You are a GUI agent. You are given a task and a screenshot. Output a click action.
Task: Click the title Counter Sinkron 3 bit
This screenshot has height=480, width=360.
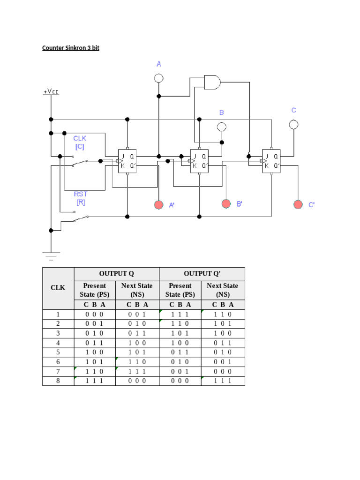pyautogui.click(x=71, y=48)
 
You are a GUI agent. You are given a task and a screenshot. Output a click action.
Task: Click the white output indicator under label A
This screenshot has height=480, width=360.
pyautogui.click(x=159, y=78)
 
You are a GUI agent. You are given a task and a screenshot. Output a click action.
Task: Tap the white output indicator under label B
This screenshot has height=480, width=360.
pyautogui.click(x=222, y=127)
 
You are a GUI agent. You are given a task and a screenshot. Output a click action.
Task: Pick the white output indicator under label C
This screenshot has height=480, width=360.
pyautogui.click(x=294, y=124)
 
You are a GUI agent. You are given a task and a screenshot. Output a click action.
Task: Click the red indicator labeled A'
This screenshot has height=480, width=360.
pyautogui.click(x=159, y=204)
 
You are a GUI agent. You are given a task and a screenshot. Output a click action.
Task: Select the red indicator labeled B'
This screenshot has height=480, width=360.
pyautogui.click(x=226, y=203)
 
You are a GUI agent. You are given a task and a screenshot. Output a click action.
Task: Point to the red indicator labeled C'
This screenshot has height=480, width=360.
pyautogui.click(x=298, y=204)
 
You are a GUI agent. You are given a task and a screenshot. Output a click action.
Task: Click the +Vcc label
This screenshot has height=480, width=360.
pyautogui.click(x=51, y=92)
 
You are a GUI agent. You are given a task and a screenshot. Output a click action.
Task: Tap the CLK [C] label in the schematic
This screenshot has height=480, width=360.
pyautogui.click(x=80, y=142)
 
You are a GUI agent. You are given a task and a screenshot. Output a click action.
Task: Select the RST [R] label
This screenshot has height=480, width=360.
pyautogui.click(x=81, y=198)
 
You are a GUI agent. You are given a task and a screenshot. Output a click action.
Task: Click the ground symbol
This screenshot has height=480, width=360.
pyautogui.click(x=51, y=255)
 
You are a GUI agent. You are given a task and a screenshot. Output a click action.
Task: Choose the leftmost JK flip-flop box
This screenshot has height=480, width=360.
pyautogui.click(x=127, y=161)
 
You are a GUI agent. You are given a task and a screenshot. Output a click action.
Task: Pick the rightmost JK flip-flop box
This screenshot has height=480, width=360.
pyautogui.click(x=271, y=161)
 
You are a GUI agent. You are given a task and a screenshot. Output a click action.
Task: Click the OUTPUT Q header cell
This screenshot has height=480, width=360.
pyautogui.click(x=116, y=274)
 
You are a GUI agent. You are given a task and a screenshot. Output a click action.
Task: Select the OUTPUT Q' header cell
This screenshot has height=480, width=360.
pyautogui.click(x=202, y=274)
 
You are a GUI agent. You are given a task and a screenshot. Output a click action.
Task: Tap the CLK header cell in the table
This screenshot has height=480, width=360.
pyautogui.click(x=58, y=288)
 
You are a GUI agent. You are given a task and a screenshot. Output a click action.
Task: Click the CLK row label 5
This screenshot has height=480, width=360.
pyautogui.click(x=58, y=352)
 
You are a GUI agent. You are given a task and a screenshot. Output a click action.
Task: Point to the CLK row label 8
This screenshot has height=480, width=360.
pyautogui.click(x=58, y=381)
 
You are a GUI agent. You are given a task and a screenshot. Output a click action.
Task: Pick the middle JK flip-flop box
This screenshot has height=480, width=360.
pyautogui.click(x=199, y=161)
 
